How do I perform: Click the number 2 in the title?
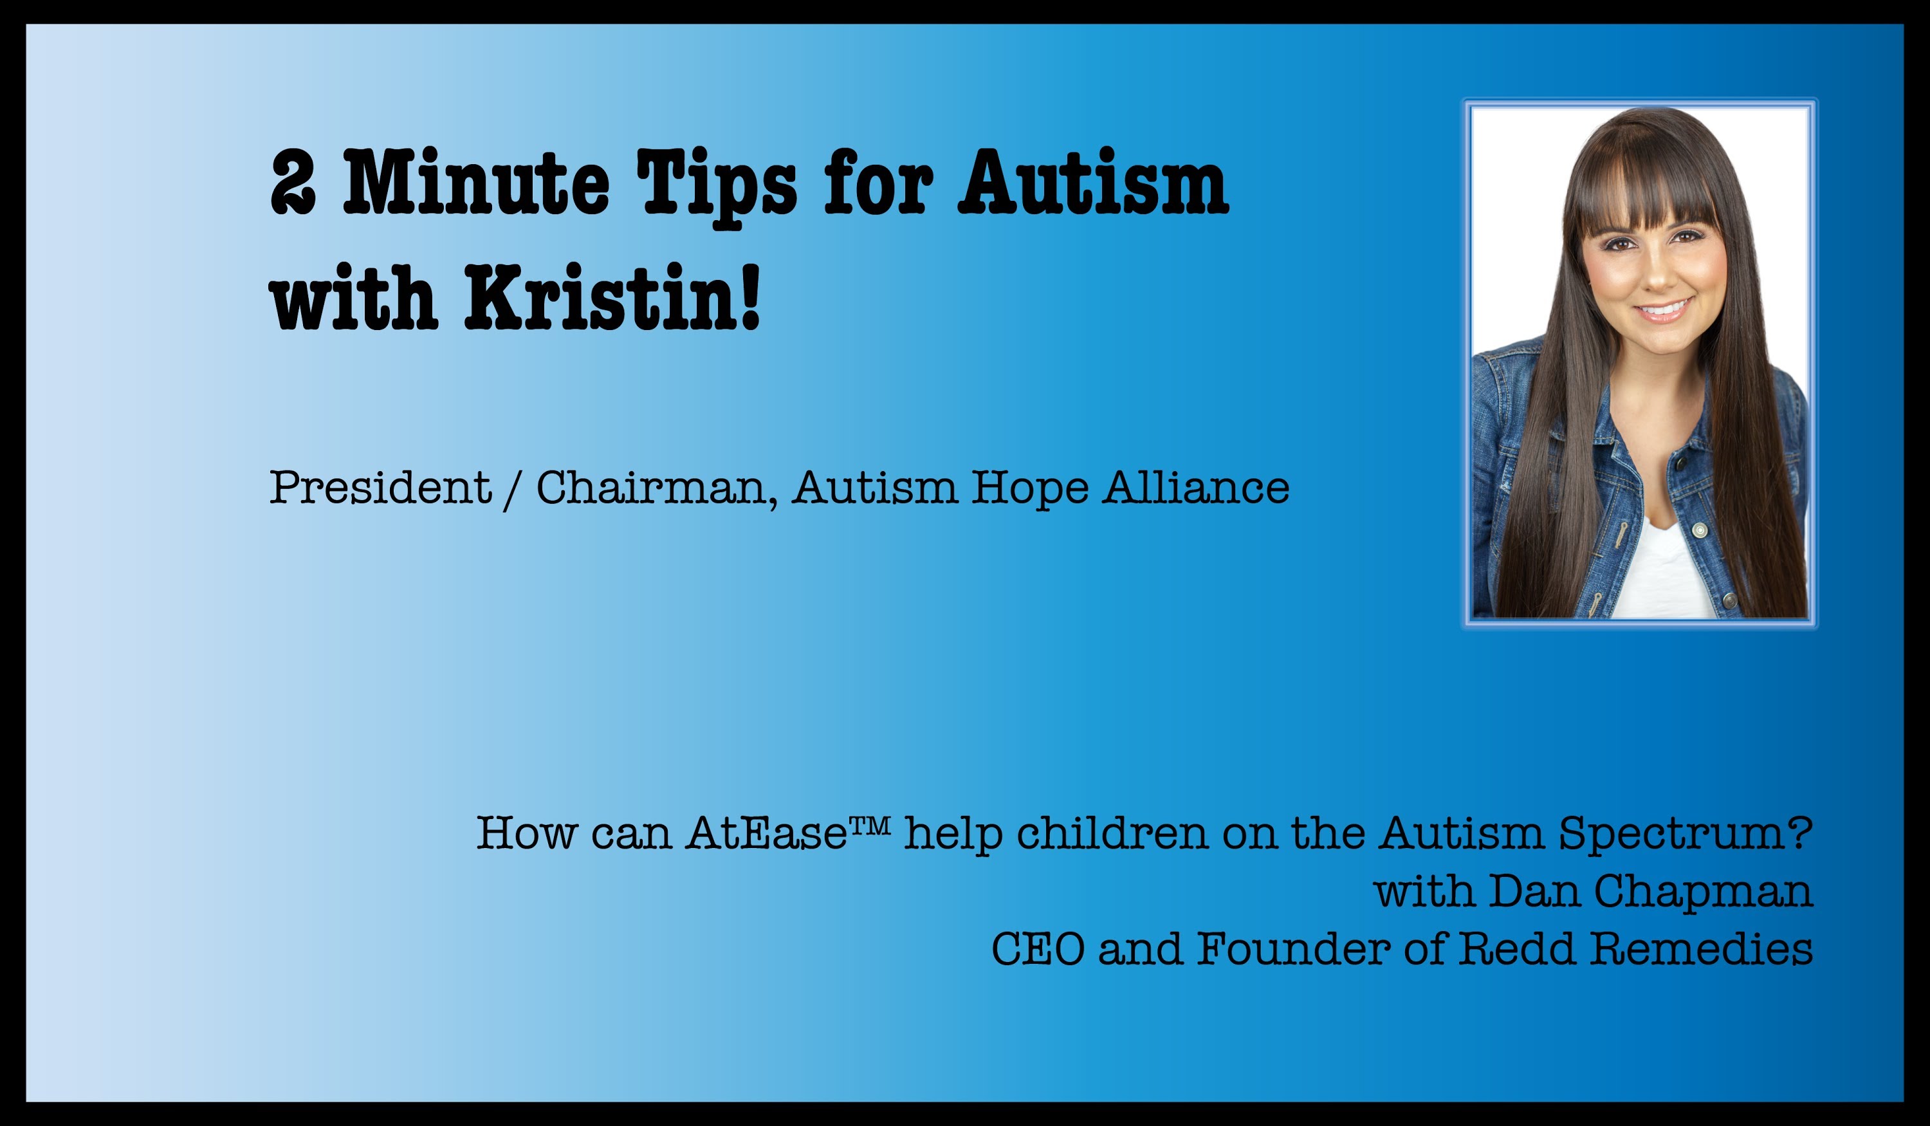(x=293, y=181)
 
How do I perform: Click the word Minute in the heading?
(x=475, y=181)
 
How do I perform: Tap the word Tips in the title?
(x=717, y=188)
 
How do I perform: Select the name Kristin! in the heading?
(x=612, y=297)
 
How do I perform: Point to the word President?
(x=380, y=487)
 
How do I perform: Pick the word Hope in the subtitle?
(x=1029, y=490)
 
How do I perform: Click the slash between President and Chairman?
(x=513, y=490)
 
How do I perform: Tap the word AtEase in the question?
(x=766, y=832)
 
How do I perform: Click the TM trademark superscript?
(x=870, y=824)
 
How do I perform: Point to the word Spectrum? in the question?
(x=1686, y=835)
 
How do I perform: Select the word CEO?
(x=1038, y=949)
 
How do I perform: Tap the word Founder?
(x=1294, y=949)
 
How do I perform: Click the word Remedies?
(x=1701, y=949)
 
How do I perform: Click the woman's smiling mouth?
(x=1663, y=309)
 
